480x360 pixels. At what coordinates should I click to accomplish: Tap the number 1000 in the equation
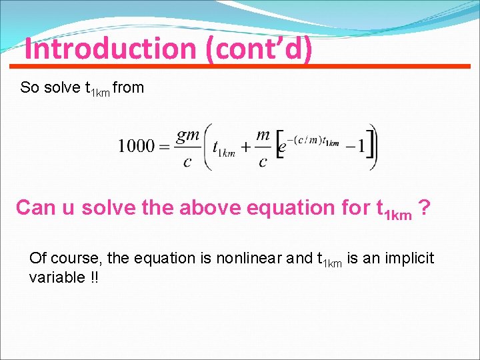coord(136,146)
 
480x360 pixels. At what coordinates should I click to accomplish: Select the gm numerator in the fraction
coord(188,134)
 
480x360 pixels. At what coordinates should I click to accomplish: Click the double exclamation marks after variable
coord(93,277)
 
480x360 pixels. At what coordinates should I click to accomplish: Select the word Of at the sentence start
coord(37,258)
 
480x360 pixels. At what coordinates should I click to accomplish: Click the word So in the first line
coord(29,88)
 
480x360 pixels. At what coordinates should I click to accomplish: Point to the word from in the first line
coord(129,88)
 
